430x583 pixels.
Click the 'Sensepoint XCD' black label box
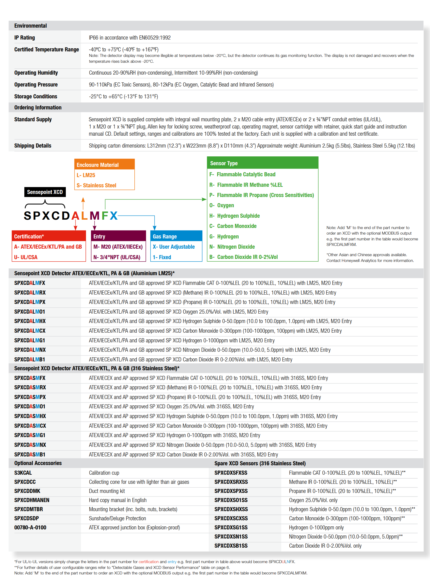pos(45,192)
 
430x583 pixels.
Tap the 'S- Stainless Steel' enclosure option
pos(97,185)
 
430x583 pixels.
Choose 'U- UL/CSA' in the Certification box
pos(26,257)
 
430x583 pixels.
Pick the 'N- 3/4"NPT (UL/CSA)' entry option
pos(117,257)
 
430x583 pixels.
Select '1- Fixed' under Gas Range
pos(162,257)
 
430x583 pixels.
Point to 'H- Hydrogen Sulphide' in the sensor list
pos(234,216)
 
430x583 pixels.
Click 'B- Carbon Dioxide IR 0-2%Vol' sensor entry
pos(243,257)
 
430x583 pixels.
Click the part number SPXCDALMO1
pos(30,312)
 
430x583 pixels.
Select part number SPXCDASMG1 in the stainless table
pos(30,435)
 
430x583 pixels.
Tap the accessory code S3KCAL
pos(23,473)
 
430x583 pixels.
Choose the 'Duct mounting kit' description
pos(107,491)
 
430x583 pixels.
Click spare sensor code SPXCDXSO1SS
pos(231,500)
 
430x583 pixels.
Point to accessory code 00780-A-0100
pos(30,527)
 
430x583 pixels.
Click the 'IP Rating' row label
pos(25,38)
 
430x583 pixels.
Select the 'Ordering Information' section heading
pos(38,107)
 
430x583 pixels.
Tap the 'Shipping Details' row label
pos(33,146)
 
